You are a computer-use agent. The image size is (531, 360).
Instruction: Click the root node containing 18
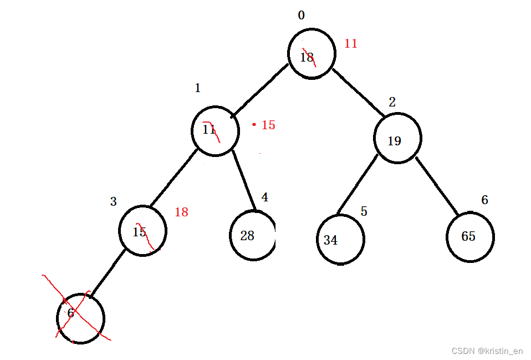(312, 54)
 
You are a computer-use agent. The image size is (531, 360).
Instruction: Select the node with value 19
(397, 139)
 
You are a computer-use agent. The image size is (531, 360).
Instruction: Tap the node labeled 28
(252, 235)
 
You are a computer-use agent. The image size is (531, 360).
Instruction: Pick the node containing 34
(340, 240)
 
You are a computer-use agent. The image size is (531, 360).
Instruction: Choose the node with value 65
(469, 237)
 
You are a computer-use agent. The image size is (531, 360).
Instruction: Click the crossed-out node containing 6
(80, 318)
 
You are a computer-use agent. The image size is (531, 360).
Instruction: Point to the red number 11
(351, 43)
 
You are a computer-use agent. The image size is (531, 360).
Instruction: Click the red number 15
(268, 125)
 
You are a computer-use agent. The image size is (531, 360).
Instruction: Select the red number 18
(181, 212)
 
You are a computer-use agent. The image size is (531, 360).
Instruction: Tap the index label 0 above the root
(301, 16)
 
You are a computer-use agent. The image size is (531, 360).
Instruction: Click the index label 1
(197, 88)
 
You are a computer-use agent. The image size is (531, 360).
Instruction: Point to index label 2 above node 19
(392, 102)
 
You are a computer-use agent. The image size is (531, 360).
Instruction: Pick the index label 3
(113, 201)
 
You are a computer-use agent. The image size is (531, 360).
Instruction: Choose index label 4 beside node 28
(265, 197)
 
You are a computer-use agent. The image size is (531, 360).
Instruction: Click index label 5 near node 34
(364, 211)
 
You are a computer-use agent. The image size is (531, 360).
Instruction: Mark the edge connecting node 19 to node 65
(437, 186)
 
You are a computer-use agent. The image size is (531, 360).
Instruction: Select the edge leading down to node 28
(244, 180)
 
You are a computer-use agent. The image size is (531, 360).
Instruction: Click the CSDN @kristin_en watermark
(487, 351)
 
